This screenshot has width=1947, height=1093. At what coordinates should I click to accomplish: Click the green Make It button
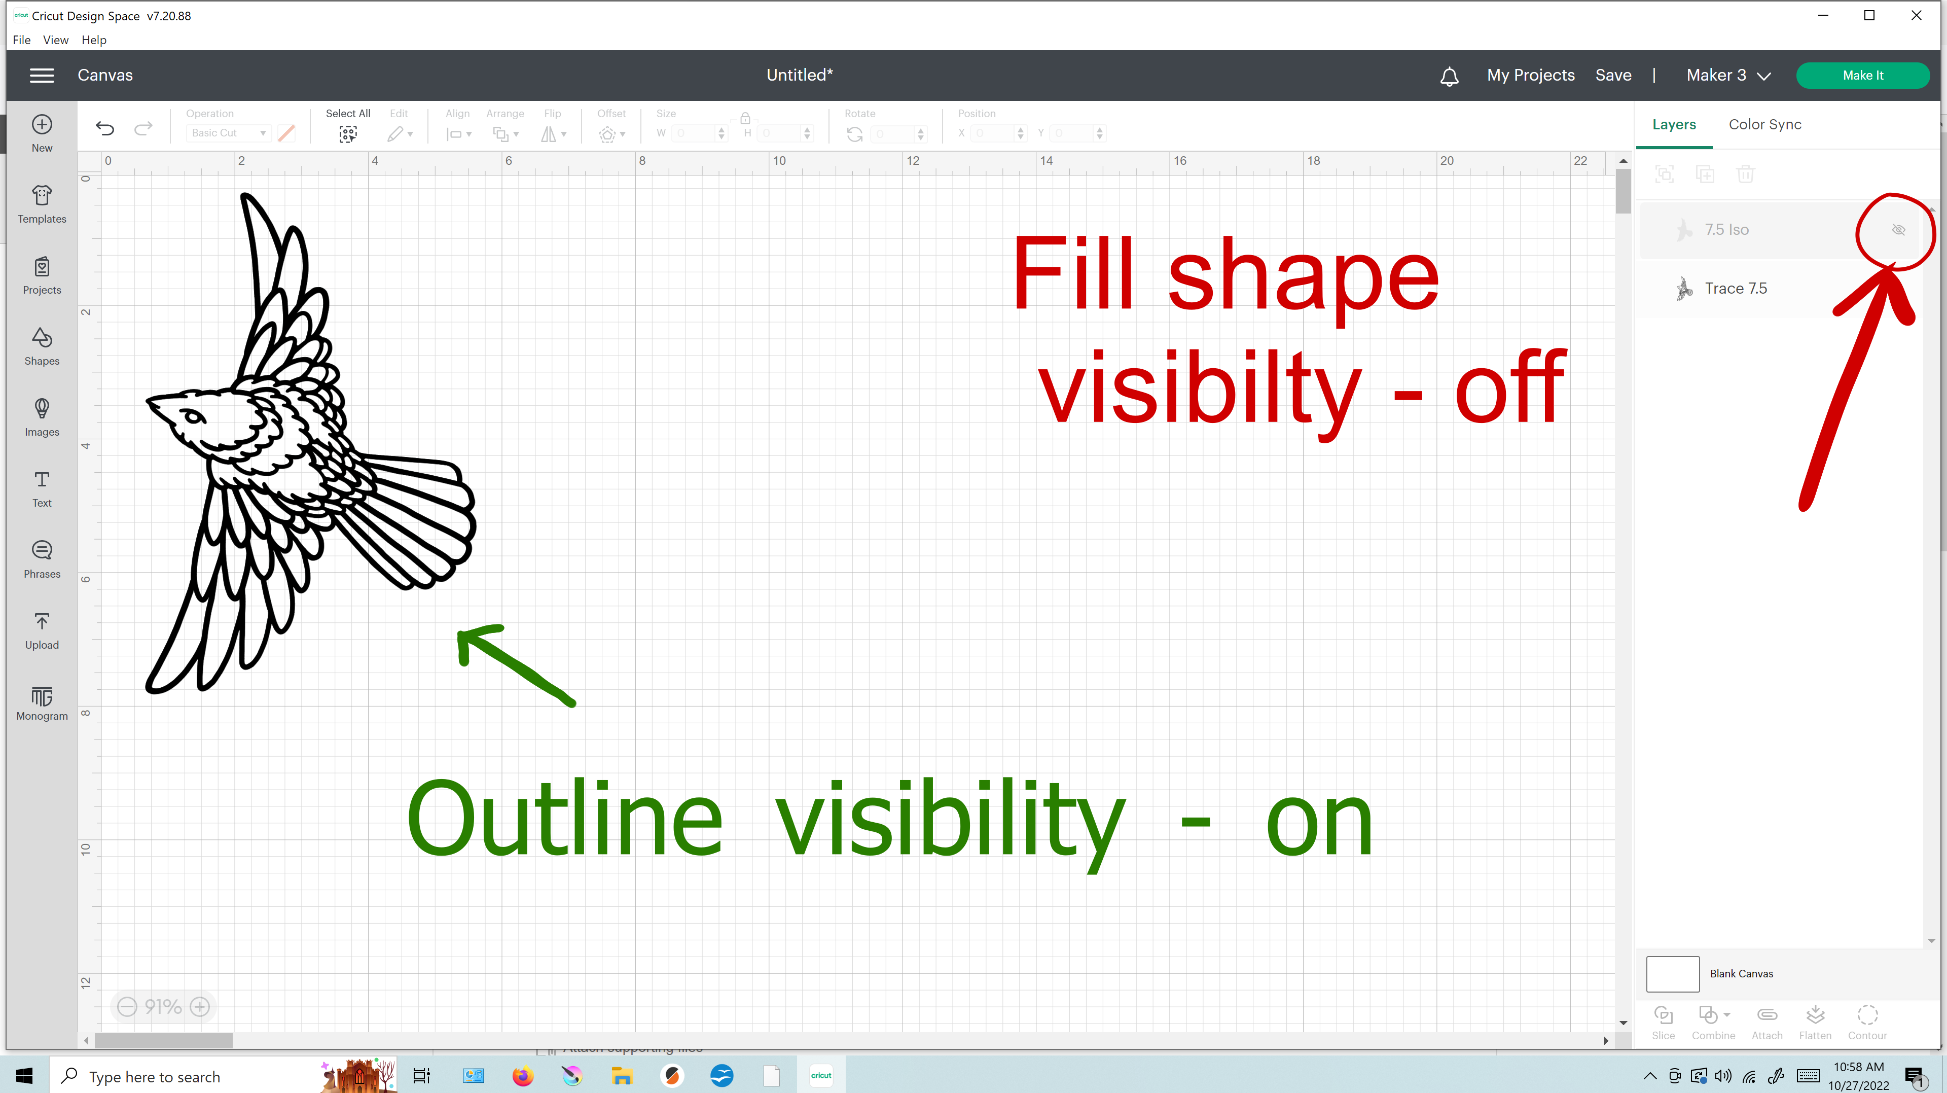1862,75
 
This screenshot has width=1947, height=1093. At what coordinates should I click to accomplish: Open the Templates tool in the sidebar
42,204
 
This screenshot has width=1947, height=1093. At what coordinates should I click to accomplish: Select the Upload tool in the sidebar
42,630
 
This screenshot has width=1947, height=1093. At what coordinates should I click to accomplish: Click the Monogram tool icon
42,696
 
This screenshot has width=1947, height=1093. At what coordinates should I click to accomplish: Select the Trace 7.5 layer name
1736,288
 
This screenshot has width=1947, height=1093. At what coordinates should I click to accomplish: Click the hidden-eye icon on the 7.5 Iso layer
1898,230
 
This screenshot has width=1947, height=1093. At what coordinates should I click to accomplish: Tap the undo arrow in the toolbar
105,128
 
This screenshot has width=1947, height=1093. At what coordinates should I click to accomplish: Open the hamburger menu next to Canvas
42,75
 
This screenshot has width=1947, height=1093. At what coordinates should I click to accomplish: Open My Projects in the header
1531,75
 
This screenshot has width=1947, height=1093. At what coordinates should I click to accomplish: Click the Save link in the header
1613,75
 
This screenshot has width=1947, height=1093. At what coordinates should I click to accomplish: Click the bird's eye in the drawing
192,415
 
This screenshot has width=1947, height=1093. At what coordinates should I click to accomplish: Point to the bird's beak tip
149,401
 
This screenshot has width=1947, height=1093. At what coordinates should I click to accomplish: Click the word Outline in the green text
564,820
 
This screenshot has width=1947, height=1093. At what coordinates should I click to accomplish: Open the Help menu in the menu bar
94,40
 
